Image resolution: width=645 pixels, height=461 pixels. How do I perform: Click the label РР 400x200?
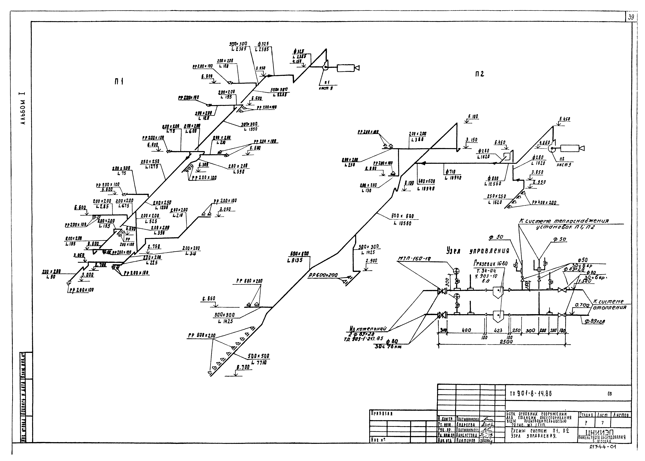click(x=544, y=203)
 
